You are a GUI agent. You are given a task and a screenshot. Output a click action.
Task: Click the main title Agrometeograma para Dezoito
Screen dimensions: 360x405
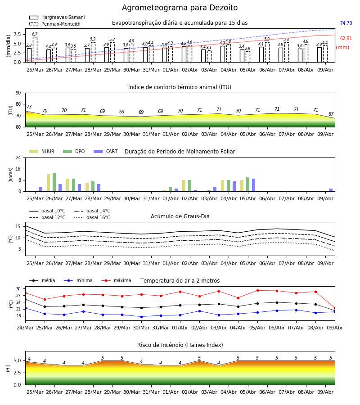[x=180, y=8]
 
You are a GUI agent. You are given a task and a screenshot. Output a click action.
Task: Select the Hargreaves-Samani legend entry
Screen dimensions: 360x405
[x=57, y=17]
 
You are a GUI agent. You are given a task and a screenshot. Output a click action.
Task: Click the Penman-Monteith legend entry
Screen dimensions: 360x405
[x=55, y=24]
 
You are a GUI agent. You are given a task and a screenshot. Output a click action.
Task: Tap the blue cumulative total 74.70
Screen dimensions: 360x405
[x=346, y=23]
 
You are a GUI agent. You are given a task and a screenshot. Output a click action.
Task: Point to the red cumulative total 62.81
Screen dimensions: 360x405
[x=346, y=39]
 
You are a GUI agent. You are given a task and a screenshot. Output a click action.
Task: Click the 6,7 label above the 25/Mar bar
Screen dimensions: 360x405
[x=35, y=34]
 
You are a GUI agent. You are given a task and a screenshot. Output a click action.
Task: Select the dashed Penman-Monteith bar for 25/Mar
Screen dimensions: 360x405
[x=35, y=50]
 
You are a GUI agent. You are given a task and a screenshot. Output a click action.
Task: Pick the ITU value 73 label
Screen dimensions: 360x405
[x=29, y=107]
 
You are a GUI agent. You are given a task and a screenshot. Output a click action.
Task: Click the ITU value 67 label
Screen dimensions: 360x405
[x=331, y=114]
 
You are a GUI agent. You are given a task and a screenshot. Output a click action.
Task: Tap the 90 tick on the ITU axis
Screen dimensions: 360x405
[x=18, y=93]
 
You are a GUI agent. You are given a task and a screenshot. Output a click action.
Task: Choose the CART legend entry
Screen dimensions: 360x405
[x=106, y=151]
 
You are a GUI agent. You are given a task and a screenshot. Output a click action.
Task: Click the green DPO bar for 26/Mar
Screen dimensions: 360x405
[x=54, y=182]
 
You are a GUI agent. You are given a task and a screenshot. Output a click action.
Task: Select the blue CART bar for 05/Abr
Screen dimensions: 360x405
[x=254, y=185]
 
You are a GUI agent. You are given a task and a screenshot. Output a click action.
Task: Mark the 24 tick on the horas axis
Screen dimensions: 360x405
[x=18, y=157]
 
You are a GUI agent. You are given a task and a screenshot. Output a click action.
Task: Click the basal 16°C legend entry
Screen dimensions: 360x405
[x=92, y=217]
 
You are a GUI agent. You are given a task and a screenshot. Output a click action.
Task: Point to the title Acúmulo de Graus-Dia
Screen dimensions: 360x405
[x=180, y=216]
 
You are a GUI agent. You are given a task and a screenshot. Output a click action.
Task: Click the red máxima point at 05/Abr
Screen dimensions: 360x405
[x=258, y=291]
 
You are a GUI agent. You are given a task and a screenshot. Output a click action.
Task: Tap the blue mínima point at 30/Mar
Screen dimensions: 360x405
[x=141, y=317]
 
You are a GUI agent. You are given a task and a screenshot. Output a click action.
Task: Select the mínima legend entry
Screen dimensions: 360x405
[x=78, y=280]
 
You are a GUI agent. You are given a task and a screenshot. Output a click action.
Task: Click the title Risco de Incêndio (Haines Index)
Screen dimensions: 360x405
[x=180, y=345]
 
